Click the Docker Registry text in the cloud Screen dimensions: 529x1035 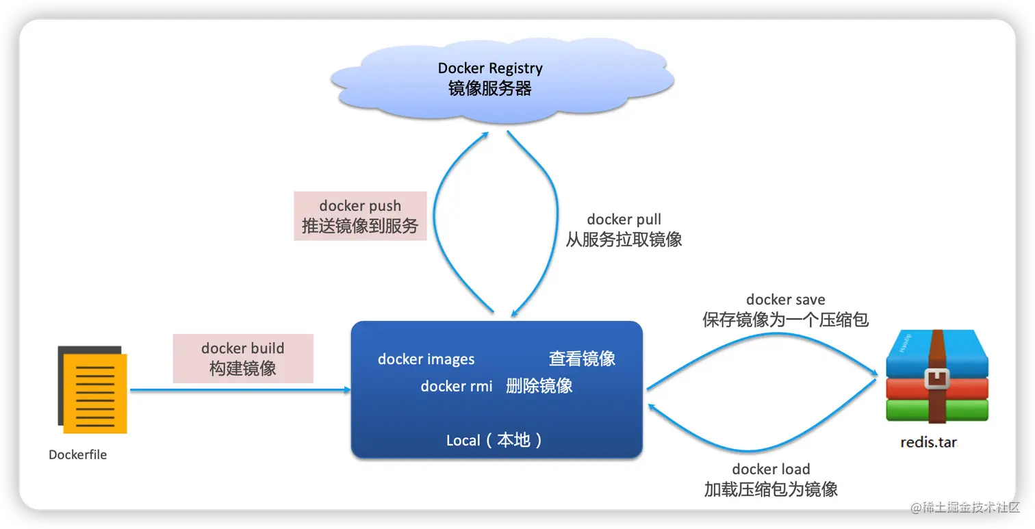490,68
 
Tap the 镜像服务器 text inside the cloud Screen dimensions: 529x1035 490,89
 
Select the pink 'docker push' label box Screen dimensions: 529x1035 360,216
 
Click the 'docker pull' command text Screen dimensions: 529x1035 624,220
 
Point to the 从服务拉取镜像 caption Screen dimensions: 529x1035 624,240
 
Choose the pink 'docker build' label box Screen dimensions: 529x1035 243,358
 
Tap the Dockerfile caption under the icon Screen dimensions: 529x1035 78,454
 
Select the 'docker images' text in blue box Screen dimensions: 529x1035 426,359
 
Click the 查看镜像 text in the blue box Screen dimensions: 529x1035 582,359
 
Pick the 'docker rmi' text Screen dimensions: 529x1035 457,386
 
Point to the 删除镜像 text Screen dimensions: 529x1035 539,386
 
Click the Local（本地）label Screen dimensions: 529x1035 496,440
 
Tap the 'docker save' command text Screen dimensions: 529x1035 785,300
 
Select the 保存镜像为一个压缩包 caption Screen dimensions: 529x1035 785,320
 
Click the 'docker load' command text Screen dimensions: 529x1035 771,469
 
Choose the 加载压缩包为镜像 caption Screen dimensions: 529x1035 771,489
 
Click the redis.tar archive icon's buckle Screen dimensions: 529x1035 936,378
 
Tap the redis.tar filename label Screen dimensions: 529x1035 928,443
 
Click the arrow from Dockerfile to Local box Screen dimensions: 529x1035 240,390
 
